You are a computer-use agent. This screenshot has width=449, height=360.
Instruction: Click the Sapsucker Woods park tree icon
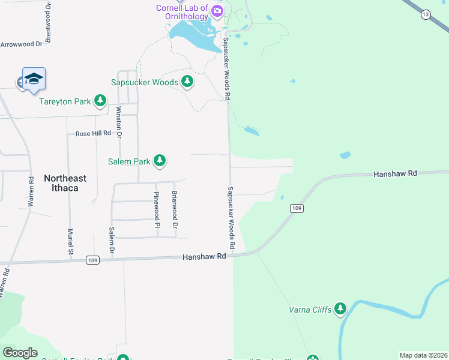(x=187, y=81)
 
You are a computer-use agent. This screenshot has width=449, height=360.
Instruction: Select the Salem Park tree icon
(x=159, y=160)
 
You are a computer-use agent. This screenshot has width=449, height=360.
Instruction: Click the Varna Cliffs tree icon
(x=340, y=309)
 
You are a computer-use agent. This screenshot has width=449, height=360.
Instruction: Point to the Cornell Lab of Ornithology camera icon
(x=217, y=10)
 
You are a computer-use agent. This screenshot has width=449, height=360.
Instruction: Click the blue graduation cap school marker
(x=34, y=79)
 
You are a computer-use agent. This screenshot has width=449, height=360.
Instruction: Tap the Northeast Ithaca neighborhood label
(x=65, y=183)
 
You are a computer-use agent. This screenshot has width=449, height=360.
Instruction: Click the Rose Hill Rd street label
(x=93, y=133)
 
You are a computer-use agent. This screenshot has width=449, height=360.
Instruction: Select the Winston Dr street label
(x=119, y=122)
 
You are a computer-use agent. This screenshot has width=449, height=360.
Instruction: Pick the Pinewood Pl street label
(x=157, y=209)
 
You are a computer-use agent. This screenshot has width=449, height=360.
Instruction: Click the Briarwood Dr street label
(x=174, y=209)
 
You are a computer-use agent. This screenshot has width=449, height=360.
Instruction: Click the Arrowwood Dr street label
(x=22, y=44)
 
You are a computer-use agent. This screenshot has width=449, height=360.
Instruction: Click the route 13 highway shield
(x=426, y=14)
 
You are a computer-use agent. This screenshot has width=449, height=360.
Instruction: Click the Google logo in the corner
(x=20, y=353)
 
